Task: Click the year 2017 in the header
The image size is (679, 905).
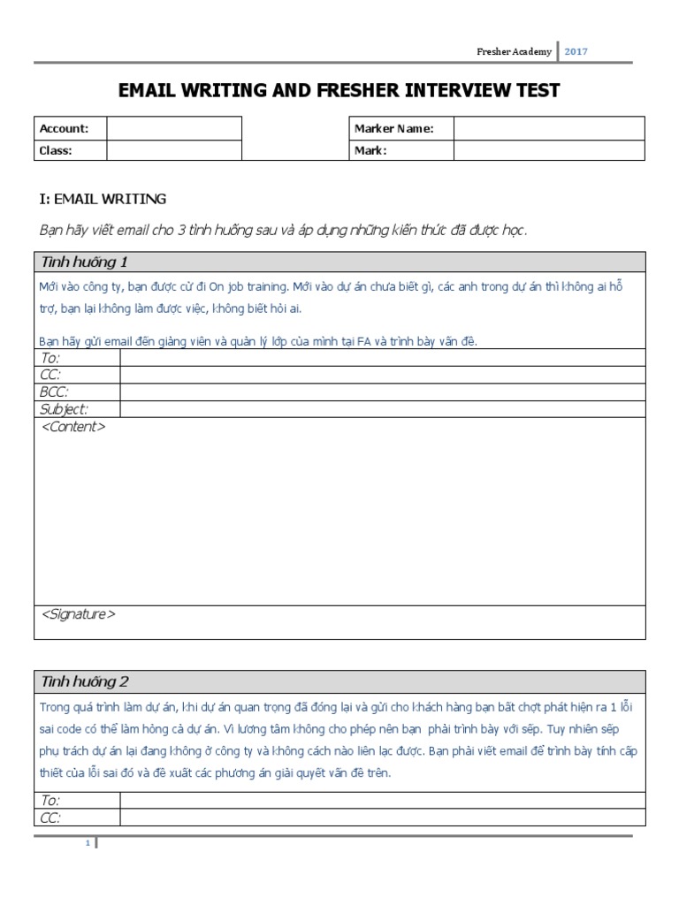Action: tap(576, 51)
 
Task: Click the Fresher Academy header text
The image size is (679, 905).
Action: tap(514, 51)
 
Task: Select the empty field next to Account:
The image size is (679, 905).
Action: tap(174, 129)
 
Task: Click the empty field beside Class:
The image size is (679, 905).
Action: tap(174, 150)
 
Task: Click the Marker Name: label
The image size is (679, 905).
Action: tap(393, 129)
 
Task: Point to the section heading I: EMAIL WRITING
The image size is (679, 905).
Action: tap(103, 200)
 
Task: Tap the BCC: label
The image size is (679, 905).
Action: tap(56, 392)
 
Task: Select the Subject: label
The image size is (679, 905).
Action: tap(65, 408)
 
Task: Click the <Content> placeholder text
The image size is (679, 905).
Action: tap(73, 427)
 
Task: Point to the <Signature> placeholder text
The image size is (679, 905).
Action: tap(79, 613)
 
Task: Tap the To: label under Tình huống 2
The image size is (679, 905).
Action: tap(50, 800)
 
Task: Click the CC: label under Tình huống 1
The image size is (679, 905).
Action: tap(51, 375)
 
